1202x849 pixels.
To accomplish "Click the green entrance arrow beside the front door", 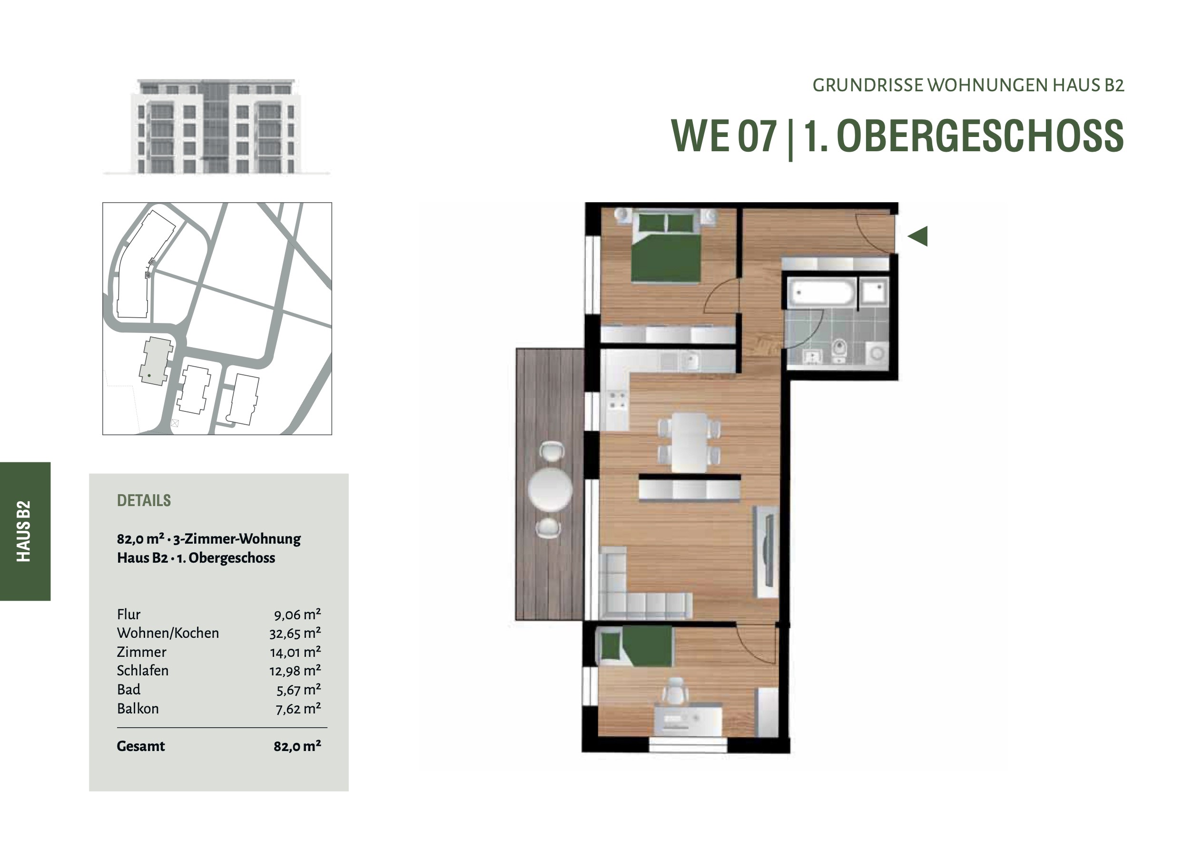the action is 918,236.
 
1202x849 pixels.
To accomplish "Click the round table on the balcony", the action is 550,489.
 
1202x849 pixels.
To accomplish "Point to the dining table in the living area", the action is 689,442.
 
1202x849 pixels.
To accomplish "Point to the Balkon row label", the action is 138,708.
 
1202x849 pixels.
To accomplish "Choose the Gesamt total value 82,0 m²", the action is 297,746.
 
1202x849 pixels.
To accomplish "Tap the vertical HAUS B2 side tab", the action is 24,531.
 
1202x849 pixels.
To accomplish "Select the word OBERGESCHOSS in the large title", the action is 980,136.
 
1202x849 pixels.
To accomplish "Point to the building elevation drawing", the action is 216,126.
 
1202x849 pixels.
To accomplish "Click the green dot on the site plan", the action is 149,375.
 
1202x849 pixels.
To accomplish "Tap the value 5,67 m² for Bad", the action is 298,689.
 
